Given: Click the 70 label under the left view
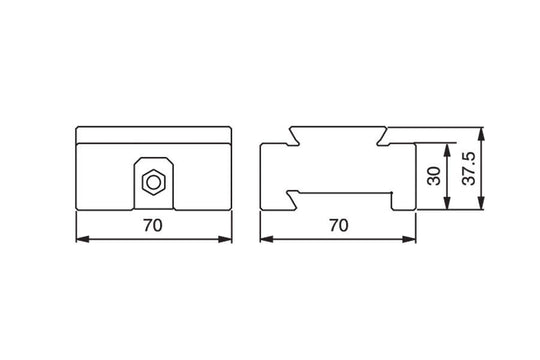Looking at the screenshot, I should point(152,227).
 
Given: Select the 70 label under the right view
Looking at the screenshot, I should point(337,227).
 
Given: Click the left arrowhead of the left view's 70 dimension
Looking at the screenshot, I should point(82,240).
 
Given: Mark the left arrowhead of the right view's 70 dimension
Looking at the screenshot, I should point(265,240).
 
